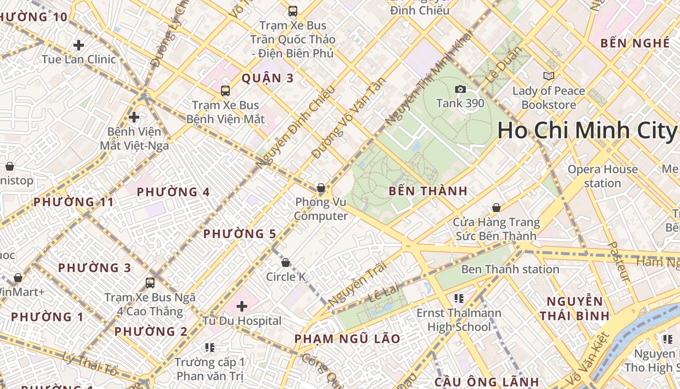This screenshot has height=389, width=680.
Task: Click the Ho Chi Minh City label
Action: tap(587, 131)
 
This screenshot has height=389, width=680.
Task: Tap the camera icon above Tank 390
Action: tap(460, 89)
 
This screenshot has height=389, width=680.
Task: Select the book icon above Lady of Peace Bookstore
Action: tap(548, 76)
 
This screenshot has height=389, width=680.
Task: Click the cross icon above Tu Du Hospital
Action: tap(242, 306)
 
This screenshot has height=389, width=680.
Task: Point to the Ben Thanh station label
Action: tap(510, 269)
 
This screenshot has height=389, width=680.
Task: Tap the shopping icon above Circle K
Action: tap(286, 263)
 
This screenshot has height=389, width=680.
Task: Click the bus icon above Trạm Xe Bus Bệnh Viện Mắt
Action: tap(225, 90)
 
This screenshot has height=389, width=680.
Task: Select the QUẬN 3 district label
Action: tap(268, 78)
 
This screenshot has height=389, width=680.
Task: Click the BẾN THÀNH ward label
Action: tap(428, 191)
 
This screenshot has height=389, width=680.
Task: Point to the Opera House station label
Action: tap(602, 176)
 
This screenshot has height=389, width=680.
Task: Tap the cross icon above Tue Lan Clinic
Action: tap(79, 45)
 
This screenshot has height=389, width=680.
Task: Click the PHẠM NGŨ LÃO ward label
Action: tap(347, 339)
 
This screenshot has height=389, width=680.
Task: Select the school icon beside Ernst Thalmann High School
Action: tap(459, 298)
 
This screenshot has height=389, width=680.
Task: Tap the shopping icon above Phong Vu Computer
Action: tap(321, 188)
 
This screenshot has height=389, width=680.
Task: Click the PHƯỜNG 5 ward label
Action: tap(239, 234)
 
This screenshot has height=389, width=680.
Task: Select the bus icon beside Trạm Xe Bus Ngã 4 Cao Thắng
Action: tap(150, 283)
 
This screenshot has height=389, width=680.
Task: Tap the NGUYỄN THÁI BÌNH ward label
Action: tap(574, 308)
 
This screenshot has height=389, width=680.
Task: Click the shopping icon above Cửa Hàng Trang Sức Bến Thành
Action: tap(496, 208)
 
